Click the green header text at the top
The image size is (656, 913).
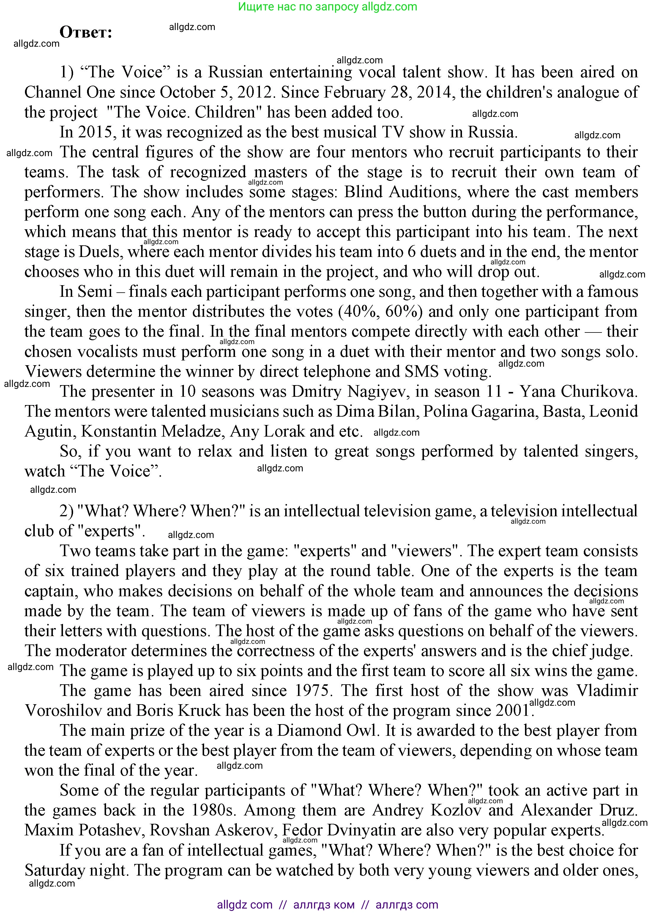[327, 7]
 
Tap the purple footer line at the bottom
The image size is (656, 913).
[327, 905]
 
